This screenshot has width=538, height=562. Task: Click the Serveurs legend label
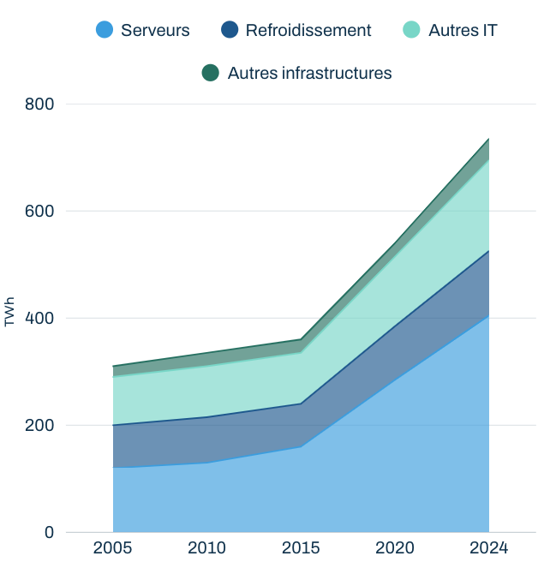155,30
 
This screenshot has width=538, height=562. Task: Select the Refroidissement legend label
308,30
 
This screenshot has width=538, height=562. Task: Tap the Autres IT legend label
463,30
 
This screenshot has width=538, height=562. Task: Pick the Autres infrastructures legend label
309,73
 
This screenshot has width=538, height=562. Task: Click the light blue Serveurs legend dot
105,29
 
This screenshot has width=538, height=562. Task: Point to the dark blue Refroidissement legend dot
230,29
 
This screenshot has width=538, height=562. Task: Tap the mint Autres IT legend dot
411,29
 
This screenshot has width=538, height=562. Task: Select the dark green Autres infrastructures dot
211,73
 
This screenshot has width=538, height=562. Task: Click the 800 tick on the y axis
39,105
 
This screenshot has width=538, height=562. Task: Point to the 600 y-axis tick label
39,211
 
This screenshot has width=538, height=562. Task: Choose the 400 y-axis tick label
39,318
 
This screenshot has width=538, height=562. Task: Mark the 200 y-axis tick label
39,426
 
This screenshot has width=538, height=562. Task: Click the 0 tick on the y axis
50,532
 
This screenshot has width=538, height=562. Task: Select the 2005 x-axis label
112,548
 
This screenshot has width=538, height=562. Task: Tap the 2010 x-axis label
206,548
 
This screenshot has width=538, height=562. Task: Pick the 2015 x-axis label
301,548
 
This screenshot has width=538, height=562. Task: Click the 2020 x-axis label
395,548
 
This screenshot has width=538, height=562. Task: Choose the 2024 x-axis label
489,548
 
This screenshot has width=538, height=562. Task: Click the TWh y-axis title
9,312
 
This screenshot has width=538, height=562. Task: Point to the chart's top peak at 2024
489,139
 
